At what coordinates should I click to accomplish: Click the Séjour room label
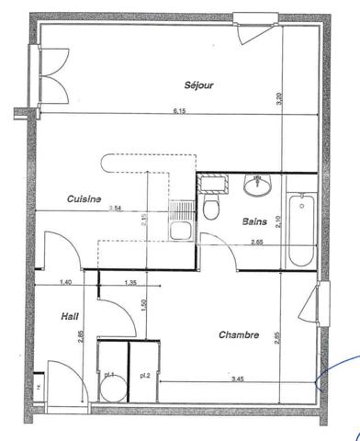coord(198,85)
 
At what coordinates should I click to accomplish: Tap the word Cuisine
coord(84,198)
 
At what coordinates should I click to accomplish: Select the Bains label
coord(255,221)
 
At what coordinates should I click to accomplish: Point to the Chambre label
coord(238,335)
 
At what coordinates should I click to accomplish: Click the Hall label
coord(68,315)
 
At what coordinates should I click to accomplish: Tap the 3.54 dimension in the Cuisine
coord(115,209)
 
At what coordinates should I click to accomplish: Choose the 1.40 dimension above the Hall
coord(65,282)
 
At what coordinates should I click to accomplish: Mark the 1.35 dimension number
coord(129,282)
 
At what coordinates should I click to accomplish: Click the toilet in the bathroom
coord(212,207)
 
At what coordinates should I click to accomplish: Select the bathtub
coord(298,230)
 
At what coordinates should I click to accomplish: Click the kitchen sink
coord(181,229)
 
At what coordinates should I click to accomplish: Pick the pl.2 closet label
coord(145,376)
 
